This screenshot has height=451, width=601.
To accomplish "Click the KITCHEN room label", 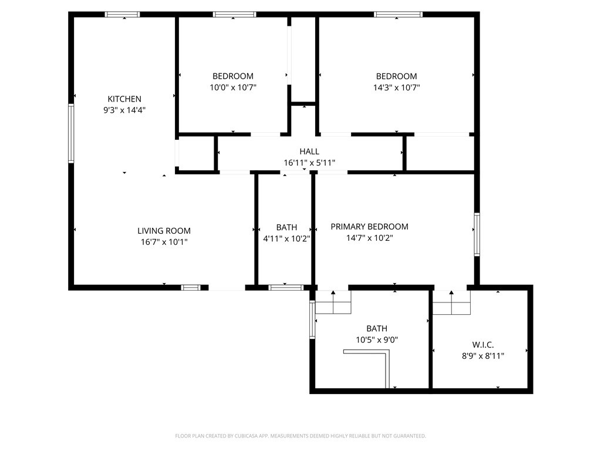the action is click(x=124, y=99).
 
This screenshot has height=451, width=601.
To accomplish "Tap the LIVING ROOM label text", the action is click(x=164, y=231).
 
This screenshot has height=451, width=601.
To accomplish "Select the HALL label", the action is click(x=309, y=152).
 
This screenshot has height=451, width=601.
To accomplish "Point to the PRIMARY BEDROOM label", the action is click(x=370, y=227).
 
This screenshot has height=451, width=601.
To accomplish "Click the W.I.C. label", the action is click(x=482, y=345).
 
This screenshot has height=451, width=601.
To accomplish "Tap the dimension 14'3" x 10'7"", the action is click(x=396, y=87).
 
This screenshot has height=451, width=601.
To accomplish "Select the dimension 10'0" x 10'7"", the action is click(x=232, y=87).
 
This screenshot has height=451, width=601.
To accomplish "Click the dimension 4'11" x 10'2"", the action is click(x=286, y=238).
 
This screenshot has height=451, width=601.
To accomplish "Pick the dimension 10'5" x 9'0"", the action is click(x=377, y=340).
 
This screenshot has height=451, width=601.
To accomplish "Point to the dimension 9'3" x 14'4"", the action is click(x=124, y=110).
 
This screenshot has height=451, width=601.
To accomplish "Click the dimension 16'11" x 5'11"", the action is click(x=309, y=163).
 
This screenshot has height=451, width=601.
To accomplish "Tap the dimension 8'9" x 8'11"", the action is click(x=482, y=356).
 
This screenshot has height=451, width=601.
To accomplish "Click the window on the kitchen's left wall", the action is click(x=71, y=133).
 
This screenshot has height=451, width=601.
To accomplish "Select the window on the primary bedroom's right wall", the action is click(x=477, y=234).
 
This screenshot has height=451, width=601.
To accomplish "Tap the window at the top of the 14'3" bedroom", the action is click(x=399, y=15).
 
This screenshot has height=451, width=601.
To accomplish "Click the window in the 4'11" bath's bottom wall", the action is click(x=286, y=287).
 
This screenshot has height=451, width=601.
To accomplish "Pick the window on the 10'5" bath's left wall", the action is click(x=312, y=319).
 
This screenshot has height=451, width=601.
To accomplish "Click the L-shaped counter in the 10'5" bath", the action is click(x=387, y=361).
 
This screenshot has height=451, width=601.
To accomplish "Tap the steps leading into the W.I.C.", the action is click(x=451, y=302).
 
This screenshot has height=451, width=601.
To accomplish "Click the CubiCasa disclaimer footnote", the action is click(x=300, y=436).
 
